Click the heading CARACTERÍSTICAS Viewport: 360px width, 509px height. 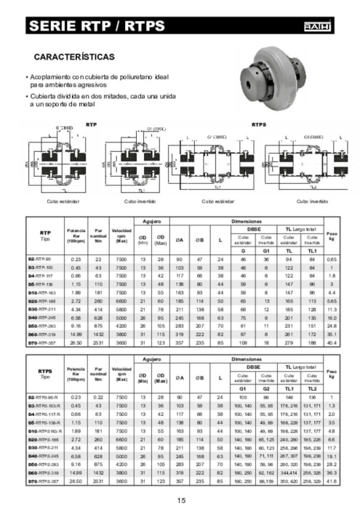(73, 56)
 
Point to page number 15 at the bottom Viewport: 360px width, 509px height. (181, 500)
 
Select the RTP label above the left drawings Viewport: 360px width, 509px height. (91, 125)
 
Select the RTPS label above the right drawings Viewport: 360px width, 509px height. (259, 125)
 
